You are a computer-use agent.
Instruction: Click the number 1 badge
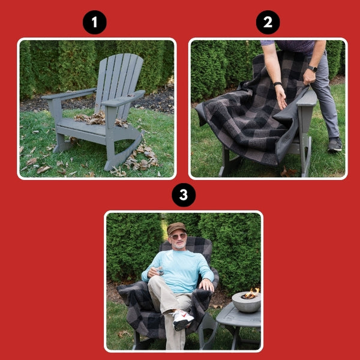[x=94, y=23]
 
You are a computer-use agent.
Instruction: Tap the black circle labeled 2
[x=268, y=23]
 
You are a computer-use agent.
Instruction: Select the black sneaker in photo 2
[x=334, y=144]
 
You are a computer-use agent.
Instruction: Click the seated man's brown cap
[x=176, y=228]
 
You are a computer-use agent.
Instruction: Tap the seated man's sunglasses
[x=178, y=236]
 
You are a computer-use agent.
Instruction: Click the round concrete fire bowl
[x=246, y=302]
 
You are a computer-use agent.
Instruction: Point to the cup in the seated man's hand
[x=157, y=271]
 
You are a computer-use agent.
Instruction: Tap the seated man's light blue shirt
[x=180, y=264]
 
